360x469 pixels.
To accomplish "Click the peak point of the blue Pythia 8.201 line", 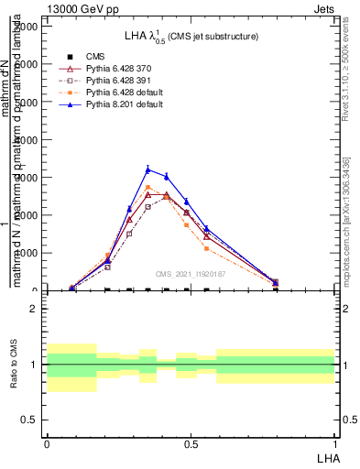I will point(148,169).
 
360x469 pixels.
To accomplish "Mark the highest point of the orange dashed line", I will point(148,187).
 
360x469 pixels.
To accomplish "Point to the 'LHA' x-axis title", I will point(326,456).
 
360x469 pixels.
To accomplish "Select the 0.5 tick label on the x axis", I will point(191,442).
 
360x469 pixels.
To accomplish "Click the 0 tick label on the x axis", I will point(47,442).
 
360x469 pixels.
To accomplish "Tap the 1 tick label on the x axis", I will point(334,442).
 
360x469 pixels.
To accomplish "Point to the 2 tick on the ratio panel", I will point(33,310).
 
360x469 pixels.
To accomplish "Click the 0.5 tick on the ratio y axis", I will point(29,420).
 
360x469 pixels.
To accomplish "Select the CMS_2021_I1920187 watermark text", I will point(191,273).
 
